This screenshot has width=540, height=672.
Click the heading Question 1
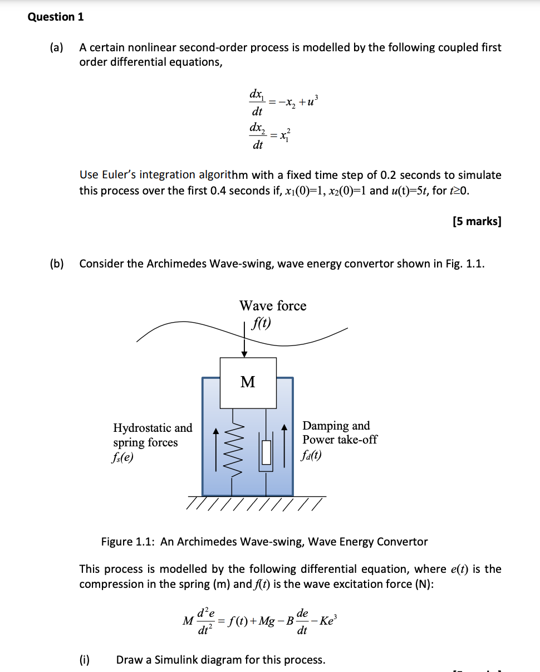click(56, 17)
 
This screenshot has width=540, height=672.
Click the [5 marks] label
click(477, 221)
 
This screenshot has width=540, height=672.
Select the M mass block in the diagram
click(248, 382)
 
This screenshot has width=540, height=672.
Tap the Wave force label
click(273, 306)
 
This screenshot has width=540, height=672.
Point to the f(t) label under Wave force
click(262, 323)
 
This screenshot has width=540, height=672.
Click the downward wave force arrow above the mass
click(244, 341)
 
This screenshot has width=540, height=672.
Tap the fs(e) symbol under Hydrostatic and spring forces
click(124, 457)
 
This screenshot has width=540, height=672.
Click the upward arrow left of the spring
click(217, 449)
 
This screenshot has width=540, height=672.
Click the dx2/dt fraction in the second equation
click(257, 137)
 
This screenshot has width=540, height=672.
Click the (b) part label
click(56, 264)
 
